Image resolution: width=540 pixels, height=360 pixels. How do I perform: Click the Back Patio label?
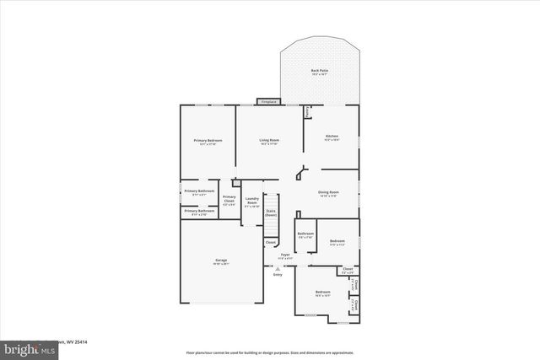point(319,71)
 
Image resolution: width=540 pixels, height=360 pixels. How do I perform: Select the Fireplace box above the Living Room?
point(268,102)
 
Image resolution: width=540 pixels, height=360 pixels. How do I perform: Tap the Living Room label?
point(268,140)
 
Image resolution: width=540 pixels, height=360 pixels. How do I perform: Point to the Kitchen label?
point(332,136)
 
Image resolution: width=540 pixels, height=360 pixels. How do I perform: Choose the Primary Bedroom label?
point(208,140)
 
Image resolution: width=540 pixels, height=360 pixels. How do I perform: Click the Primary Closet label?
point(229,199)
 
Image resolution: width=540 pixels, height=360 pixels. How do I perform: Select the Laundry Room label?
point(251,202)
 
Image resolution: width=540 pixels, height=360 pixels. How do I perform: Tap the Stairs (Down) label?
point(271,213)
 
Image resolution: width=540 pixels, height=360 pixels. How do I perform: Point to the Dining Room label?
point(327,192)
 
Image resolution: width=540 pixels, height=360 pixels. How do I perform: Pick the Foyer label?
point(285,255)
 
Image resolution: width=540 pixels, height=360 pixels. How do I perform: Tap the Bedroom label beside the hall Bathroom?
point(337,241)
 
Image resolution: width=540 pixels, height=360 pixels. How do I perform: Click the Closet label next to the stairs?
point(270,243)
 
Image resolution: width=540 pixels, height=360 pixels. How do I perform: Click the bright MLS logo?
point(24,348)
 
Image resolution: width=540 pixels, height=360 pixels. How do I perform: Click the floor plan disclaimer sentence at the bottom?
point(270,352)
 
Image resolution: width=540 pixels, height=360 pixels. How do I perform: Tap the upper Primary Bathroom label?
point(199,192)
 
